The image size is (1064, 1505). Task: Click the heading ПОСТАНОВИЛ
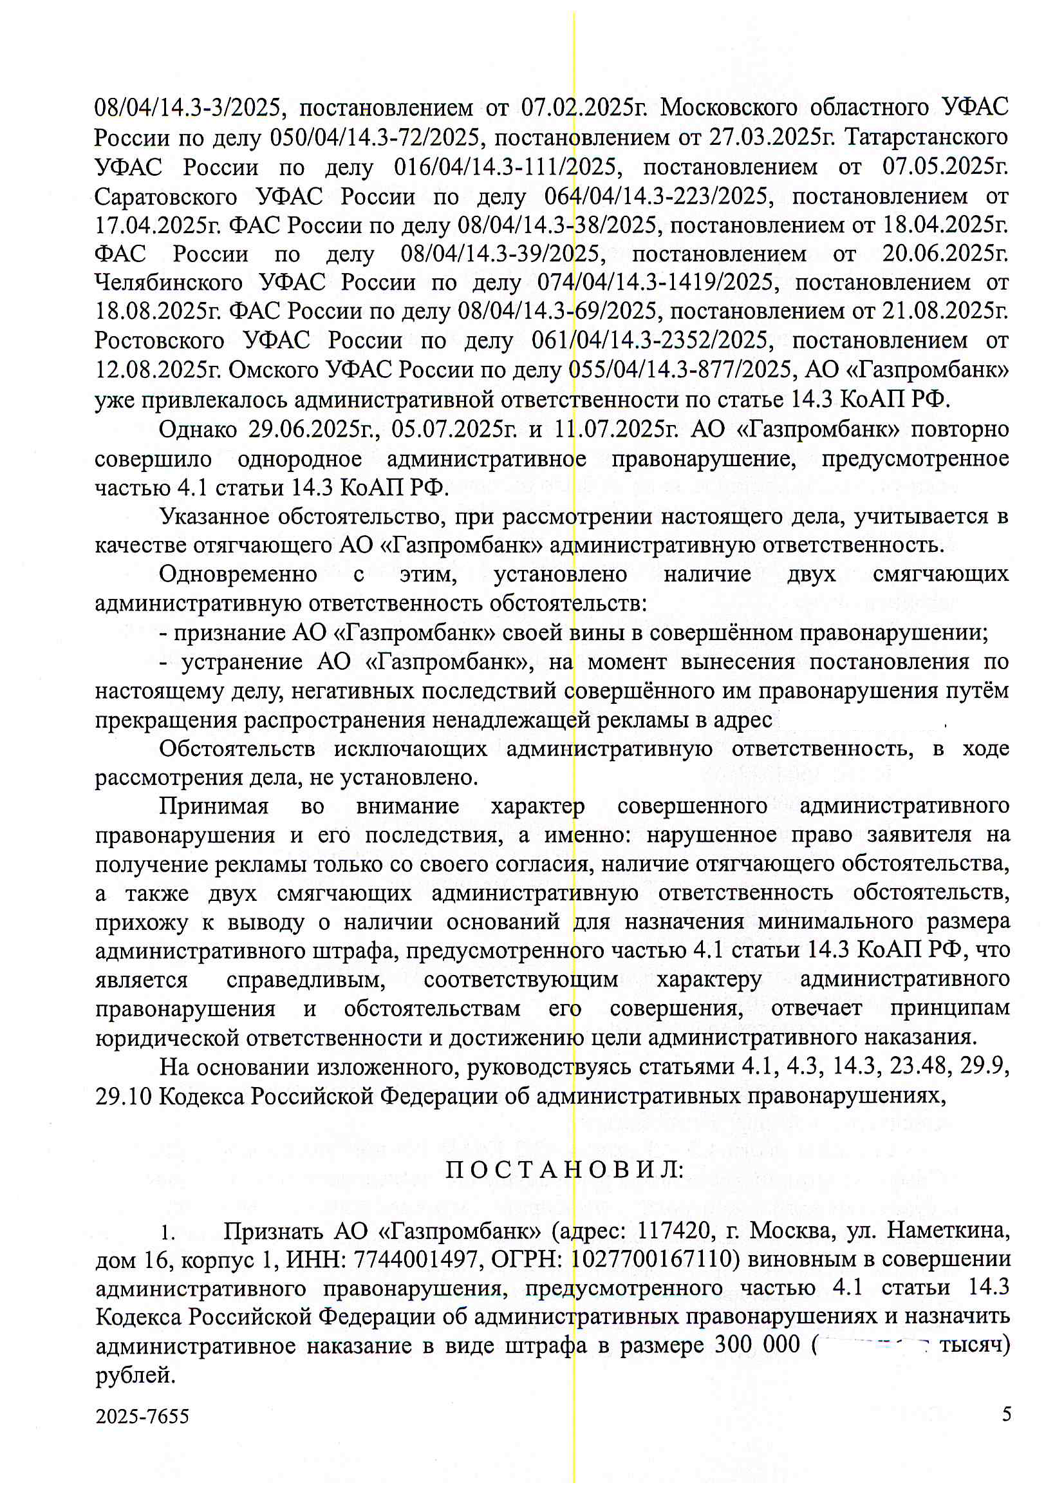564,1171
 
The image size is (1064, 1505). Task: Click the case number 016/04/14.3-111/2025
505,167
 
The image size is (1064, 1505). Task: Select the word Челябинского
169,283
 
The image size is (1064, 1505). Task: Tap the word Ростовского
158,340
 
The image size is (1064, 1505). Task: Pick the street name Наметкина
948,1231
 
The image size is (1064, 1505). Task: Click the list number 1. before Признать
168,1233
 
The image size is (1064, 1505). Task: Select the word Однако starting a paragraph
198,430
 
